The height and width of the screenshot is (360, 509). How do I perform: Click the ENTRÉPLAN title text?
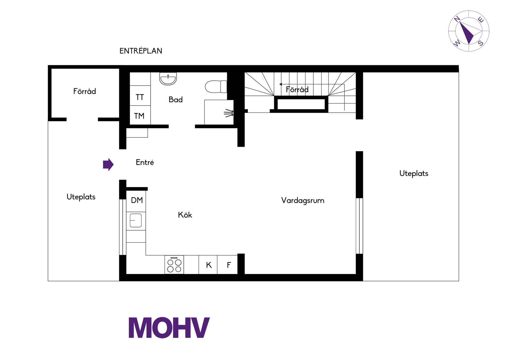pos(141,51)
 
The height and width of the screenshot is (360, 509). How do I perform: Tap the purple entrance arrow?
pos(108,164)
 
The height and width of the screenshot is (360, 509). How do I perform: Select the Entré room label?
pos(145,162)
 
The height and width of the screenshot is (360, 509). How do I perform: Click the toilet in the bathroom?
pos(216,86)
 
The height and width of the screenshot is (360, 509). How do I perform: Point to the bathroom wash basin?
pos(168,79)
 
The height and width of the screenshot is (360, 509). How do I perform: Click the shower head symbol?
pos(229,113)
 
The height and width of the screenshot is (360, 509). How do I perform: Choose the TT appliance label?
pos(140,97)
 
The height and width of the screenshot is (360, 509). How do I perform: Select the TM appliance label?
pos(139,116)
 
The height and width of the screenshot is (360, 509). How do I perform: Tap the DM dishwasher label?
pos(137,200)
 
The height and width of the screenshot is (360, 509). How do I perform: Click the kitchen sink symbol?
pos(136,220)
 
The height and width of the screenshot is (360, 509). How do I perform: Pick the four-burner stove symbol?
pos(174,264)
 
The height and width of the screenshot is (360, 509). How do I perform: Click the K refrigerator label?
pos(209,265)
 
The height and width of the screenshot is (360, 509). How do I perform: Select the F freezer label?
pos(229,265)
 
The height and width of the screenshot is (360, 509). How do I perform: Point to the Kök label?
pos(185,215)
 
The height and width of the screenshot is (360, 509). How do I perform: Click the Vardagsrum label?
pos(303,201)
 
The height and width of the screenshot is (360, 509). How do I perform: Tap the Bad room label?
pos(175,99)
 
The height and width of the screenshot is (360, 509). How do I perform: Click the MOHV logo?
pos(169,328)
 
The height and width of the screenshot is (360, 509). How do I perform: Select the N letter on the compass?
pos(457,19)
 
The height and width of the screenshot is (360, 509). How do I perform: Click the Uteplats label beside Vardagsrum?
pos(414,174)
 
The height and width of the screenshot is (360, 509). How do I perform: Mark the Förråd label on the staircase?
pos(297,89)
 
